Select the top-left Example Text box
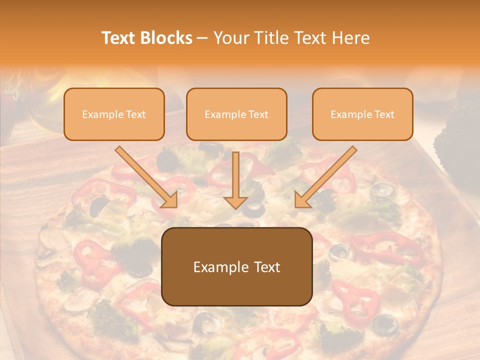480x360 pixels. [114, 114]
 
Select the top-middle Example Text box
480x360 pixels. [236, 114]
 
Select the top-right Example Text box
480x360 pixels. [362, 114]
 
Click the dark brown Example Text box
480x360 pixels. [236, 266]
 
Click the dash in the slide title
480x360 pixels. [202, 38]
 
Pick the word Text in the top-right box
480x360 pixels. [384, 114]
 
